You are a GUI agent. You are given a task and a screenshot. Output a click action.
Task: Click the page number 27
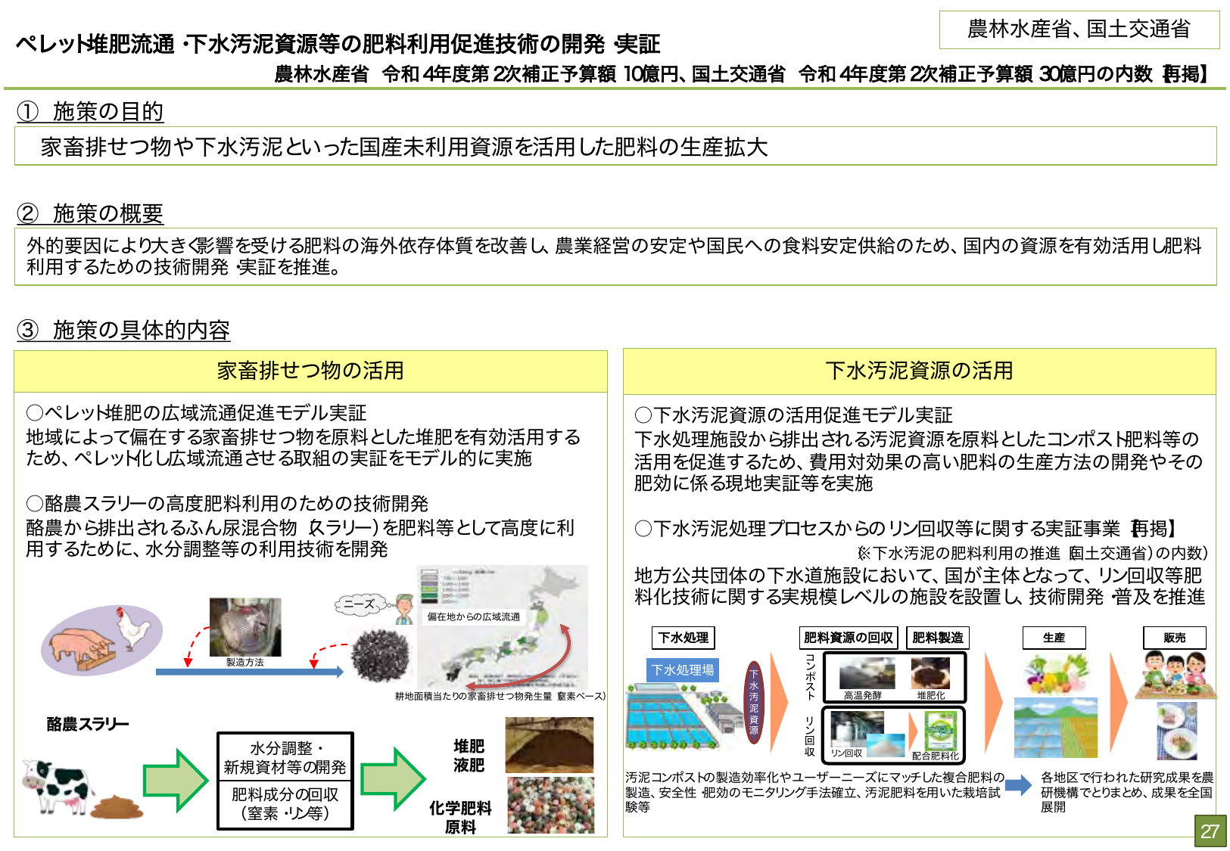[1210, 831]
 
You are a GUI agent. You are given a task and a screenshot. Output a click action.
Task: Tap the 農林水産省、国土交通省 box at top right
[1079, 30]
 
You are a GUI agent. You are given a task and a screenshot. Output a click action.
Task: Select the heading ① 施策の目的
[90, 111]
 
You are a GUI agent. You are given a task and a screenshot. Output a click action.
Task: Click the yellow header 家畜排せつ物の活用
[310, 371]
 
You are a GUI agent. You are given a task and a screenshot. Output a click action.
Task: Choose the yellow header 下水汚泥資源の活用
[919, 371]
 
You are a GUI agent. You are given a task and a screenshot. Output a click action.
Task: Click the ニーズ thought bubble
[359, 604]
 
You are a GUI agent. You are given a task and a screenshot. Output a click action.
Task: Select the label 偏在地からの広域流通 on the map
[474, 617]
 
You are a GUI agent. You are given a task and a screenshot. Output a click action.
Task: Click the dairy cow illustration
[57, 786]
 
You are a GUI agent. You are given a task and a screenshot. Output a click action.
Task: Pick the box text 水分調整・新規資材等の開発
[285, 757]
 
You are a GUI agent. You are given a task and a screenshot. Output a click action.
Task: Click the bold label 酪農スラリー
[88, 724]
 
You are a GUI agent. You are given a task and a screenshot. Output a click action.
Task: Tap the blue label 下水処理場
[683, 670]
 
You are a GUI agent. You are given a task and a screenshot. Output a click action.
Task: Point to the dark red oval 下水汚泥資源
[754, 703]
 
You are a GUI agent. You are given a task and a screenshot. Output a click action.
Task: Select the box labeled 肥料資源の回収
[848, 638]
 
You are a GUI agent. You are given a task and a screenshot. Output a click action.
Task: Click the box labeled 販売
[1174, 638]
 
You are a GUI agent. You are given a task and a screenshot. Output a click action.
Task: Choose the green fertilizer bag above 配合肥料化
[941, 730]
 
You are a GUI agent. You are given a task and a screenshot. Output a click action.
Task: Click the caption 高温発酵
[862, 695]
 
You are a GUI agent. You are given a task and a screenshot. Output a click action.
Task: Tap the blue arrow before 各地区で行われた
[1019, 784]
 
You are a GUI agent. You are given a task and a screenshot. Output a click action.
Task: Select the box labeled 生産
[1054, 638]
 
